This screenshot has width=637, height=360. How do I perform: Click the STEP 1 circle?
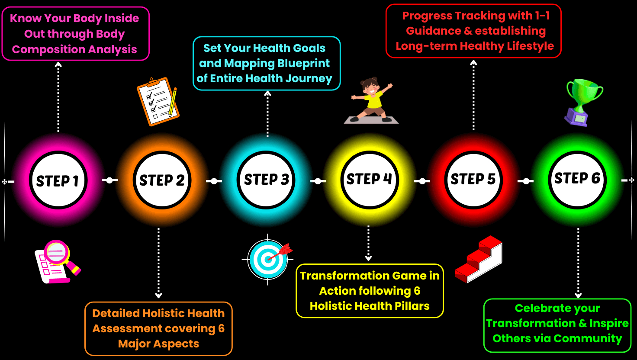point(58,180)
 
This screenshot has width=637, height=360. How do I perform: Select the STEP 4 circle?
point(370,180)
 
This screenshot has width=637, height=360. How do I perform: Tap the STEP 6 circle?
point(577,180)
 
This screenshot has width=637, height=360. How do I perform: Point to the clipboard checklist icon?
point(158,102)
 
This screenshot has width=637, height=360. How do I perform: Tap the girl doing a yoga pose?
point(371,100)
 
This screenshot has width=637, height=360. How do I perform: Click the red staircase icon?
point(479,259)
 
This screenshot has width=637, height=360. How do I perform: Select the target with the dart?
point(267,259)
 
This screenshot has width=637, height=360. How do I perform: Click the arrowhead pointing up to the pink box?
point(58,64)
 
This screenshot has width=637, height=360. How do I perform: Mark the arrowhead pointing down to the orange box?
point(158,295)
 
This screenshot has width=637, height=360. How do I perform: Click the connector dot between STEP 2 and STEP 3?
point(214,181)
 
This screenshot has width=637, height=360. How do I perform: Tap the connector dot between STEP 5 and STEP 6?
point(526,181)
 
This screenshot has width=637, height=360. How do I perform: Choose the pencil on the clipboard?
point(173,102)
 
